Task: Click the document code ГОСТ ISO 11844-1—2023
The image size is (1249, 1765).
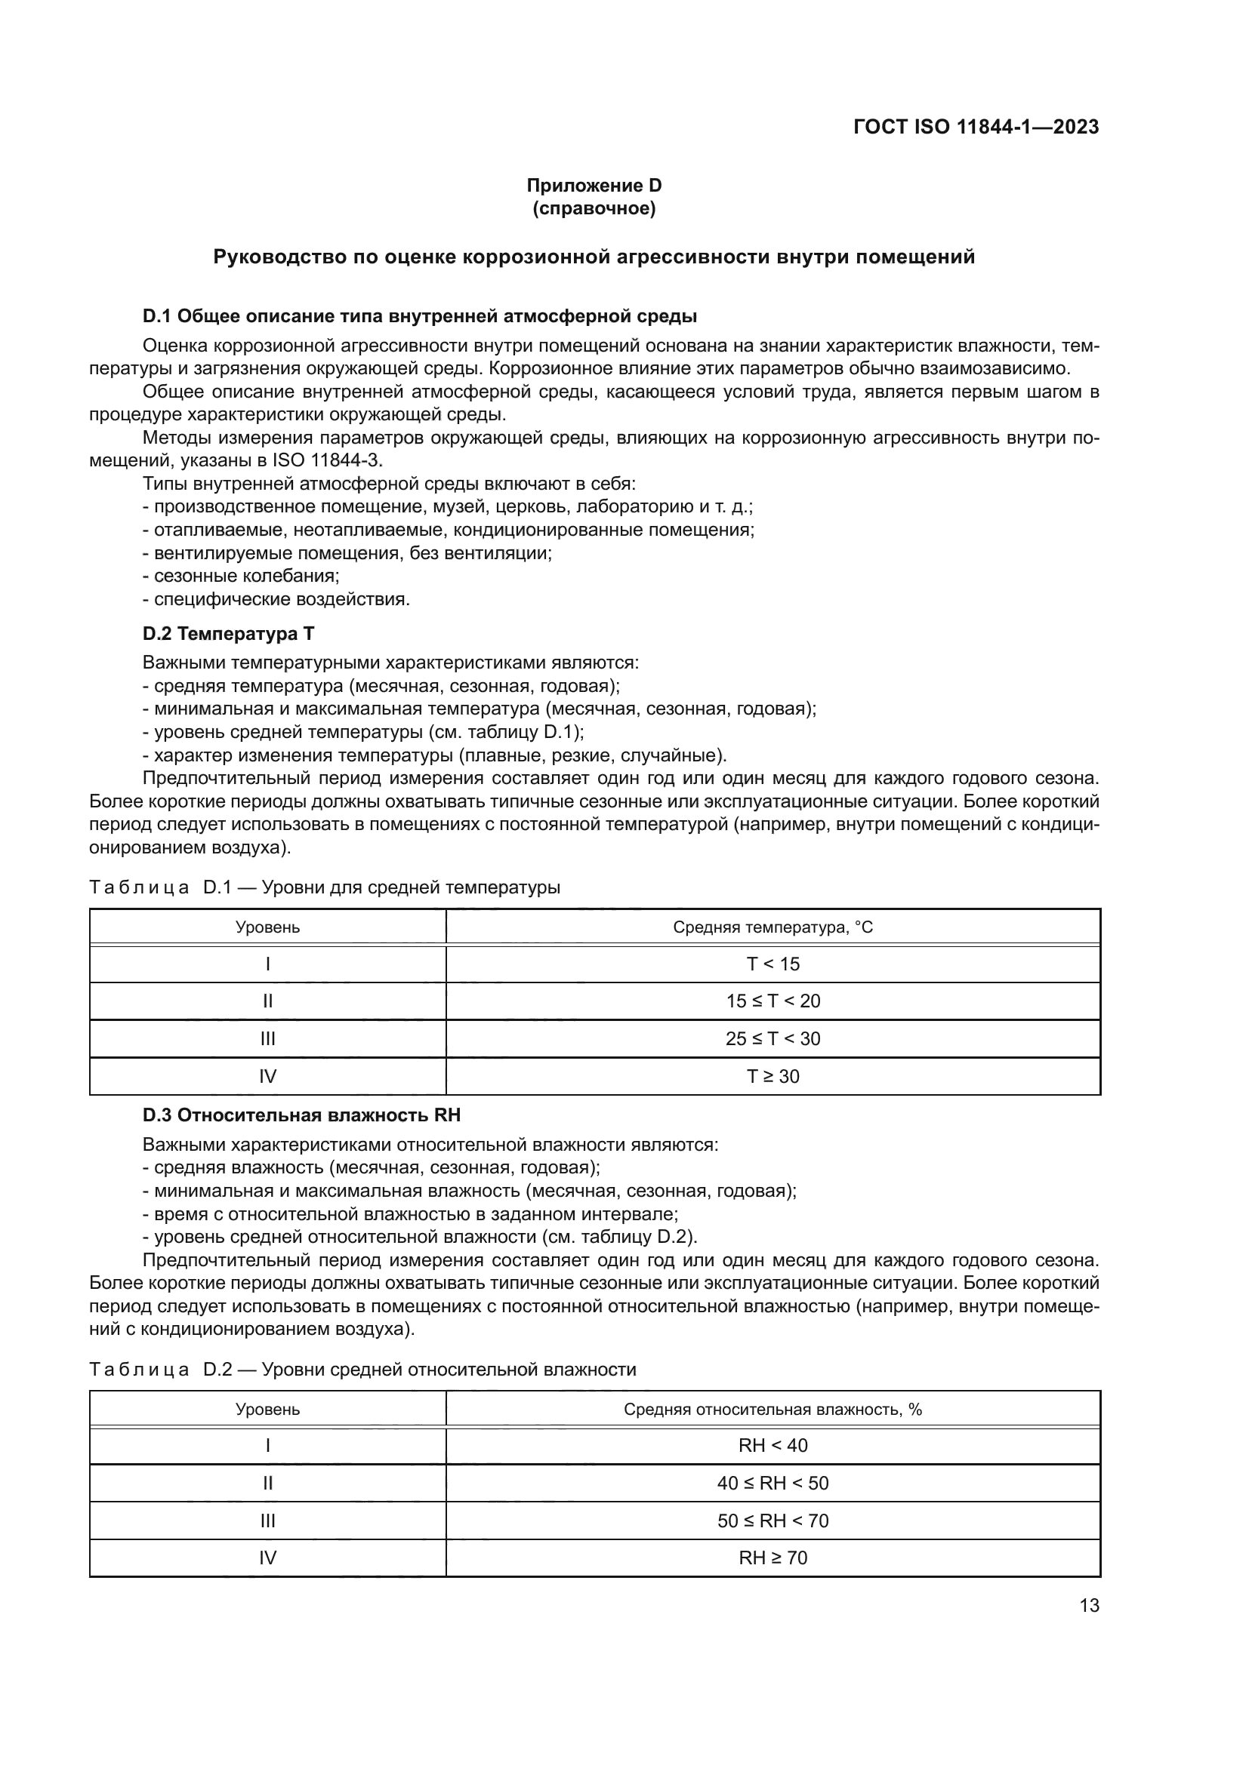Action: (975, 127)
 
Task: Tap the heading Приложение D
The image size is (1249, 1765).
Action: (594, 186)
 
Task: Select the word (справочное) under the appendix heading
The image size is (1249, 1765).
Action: (594, 208)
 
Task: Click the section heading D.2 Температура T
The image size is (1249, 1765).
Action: (228, 633)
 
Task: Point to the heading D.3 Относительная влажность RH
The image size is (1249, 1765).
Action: (301, 1115)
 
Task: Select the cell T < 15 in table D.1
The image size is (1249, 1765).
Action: (773, 964)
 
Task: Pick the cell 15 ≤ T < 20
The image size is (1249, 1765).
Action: (773, 1001)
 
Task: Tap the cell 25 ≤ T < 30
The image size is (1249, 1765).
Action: (773, 1038)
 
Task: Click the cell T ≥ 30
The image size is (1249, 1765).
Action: (773, 1076)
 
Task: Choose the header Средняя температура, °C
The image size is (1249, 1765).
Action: (773, 927)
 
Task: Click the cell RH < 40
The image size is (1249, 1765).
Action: (773, 1445)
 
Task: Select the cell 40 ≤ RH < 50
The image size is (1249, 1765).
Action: (773, 1483)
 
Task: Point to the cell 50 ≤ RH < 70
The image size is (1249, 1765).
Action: (773, 1521)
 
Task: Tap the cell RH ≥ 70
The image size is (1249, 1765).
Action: (773, 1557)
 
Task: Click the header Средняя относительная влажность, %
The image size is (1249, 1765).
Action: (773, 1409)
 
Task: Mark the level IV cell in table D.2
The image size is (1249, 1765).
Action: (267, 1557)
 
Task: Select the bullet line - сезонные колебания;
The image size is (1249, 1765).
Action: (241, 576)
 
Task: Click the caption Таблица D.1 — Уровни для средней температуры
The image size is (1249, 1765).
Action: (325, 887)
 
